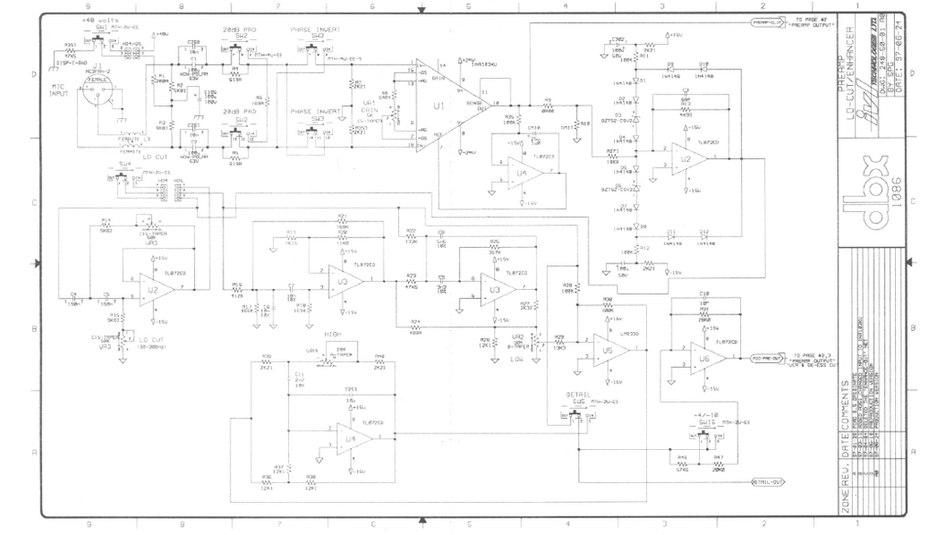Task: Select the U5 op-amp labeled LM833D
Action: [604, 349]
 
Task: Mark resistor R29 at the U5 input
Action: [559, 337]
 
